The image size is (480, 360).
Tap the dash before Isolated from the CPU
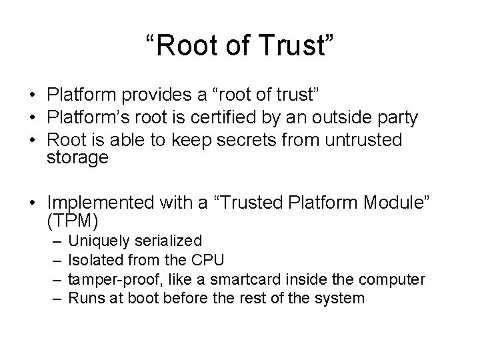pyautogui.click(x=57, y=260)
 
